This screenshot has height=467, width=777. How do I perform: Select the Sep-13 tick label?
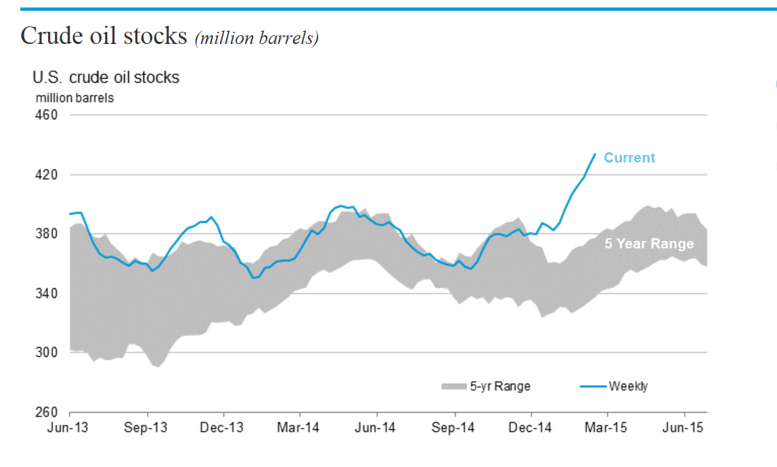(x=147, y=428)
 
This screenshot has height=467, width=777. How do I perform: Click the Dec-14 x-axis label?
(x=531, y=428)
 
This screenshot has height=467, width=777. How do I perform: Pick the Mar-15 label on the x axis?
(x=607, y=428)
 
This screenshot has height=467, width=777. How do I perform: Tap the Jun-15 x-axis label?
(x=684, y=428)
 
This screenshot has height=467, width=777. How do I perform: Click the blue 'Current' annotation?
(x=629, y=158)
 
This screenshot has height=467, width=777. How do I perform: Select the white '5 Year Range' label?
(x=649, y=244)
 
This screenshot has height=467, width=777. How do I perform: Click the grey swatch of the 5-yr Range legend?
(x=454, y=386)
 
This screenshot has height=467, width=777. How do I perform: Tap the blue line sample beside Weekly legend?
(x=593, y=386)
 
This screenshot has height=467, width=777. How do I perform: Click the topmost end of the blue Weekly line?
(x=595, y=154)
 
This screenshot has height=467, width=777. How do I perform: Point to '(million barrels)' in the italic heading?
(x=257, y=38)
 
